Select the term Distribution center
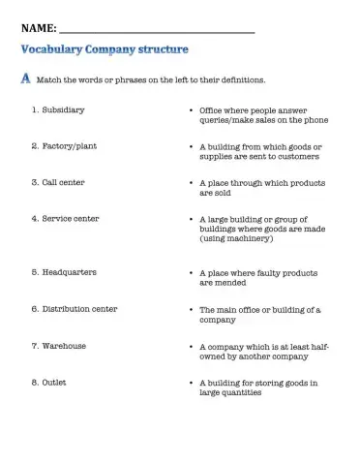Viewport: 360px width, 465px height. [79, 308]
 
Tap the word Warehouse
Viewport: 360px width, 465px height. [64, 345]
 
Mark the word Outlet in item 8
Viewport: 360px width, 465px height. [55, 382]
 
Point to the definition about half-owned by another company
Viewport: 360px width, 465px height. [263, 350]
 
